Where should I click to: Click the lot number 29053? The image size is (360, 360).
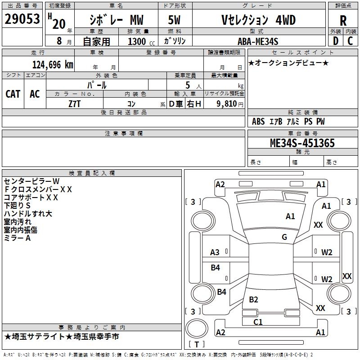tap(22, 19)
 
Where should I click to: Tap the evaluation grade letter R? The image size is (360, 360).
tap(343, 20)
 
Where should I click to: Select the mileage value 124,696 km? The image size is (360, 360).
tap(52, 64)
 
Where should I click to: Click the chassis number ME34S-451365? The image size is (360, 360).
tap(302, 143)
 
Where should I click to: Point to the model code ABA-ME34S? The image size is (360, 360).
tap(258, 41)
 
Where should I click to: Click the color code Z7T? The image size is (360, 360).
tap(74, 103)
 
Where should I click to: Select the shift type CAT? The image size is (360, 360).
tap(13, 94)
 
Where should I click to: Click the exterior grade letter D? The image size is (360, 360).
tap(335, 41)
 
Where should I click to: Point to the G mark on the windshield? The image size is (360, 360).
tap(284, 237)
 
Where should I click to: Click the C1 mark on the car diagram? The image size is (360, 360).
tap(258, 322)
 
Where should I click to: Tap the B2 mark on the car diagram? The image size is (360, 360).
tap(253, 300)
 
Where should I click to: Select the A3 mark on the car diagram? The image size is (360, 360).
tap(215, 252)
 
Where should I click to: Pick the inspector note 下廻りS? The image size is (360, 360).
tap(17, 206)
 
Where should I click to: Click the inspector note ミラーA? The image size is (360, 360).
tap(17, 238)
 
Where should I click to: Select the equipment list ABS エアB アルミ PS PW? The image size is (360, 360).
tap(288, 121)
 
